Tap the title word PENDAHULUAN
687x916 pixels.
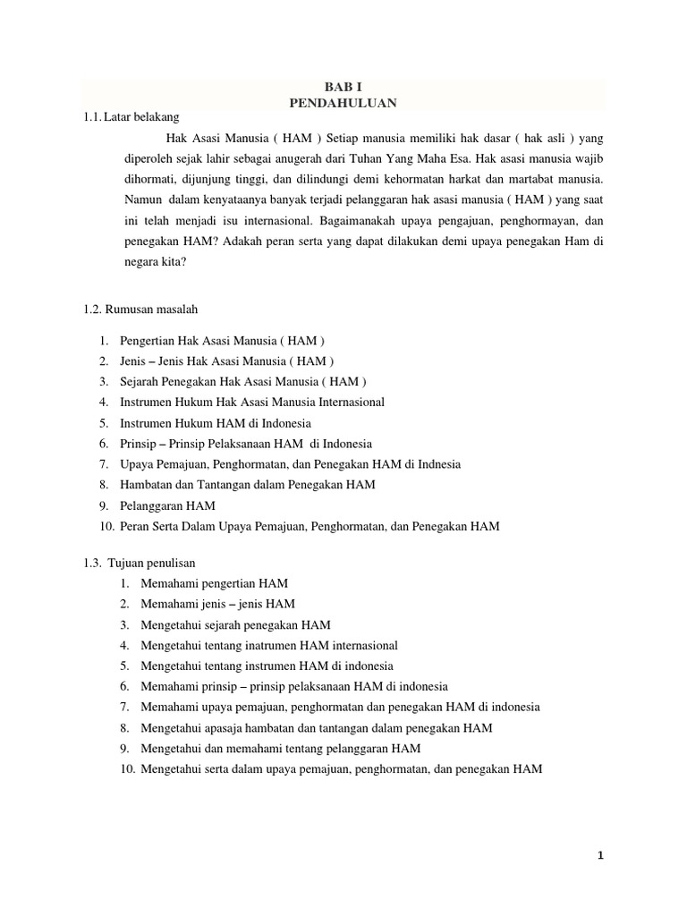(343, 103)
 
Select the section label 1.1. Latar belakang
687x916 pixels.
(131, 117)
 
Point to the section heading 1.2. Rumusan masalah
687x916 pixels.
(140, 309)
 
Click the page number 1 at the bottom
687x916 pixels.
(601, 855)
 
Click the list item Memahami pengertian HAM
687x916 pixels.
(214, 583)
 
